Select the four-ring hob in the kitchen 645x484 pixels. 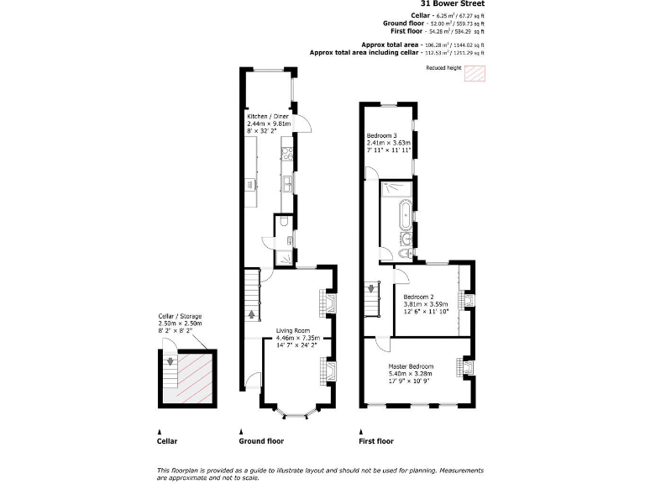pos(286,153)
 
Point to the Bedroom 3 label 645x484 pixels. pos(381,135)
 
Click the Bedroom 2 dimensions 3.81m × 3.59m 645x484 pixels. pos(426,303)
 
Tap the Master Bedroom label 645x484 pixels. pos(411,367)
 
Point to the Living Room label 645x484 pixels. pos(293,330)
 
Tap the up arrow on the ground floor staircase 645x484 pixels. pos(250,314)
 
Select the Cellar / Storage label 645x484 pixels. pos(180,316)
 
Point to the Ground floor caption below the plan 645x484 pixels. pos(262,440)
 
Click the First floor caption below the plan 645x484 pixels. pos(375,440)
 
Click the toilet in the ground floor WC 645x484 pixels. pos(285,222)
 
